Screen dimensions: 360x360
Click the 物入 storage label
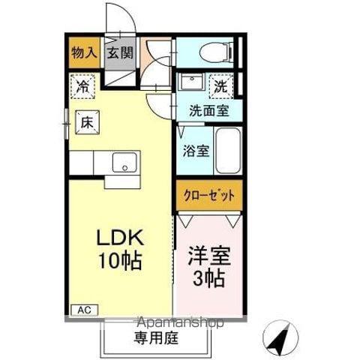click(x=84, y=53)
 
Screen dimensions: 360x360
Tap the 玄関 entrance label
click(x=120, y=52)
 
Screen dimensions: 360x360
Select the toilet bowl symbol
click(x=217, y=52)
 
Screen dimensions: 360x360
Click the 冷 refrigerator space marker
click(x=82, y=86)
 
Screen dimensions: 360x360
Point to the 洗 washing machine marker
click(x=221, y=86)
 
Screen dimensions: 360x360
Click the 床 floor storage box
click(x=88, y=122)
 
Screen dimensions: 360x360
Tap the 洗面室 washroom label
click(x=209, y=111)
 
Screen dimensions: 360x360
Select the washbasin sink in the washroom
click(x=191, y=81)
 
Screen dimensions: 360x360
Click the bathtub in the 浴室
click(x=228, y=151)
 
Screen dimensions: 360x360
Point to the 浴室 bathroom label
click(x=196, y=151)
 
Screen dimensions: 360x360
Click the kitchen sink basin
click(x=124, y=163)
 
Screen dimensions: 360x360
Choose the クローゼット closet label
click(x=209, y=196)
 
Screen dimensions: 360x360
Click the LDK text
click(x=120, y=238)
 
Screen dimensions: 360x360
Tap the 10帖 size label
click(x=120, y=261)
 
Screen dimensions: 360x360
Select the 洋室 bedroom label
click(x=209, y=256)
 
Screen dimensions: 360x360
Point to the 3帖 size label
click(x=208, y=278)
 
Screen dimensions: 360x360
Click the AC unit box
click(x=85, y=310)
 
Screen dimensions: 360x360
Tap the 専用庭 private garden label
click(x=156, y=338)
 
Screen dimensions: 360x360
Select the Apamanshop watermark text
click(x=181, y=322)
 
